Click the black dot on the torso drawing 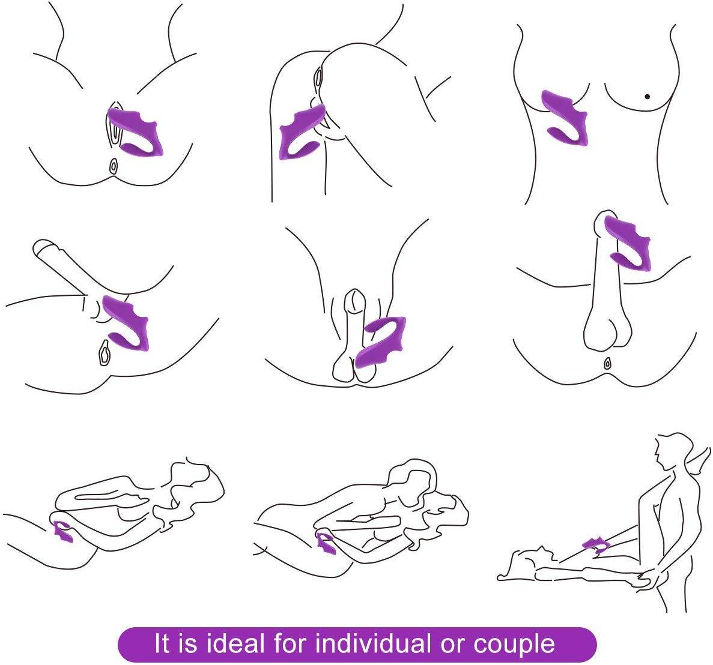(x=647, y=96)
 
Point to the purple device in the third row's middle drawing (x=327, y=542)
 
